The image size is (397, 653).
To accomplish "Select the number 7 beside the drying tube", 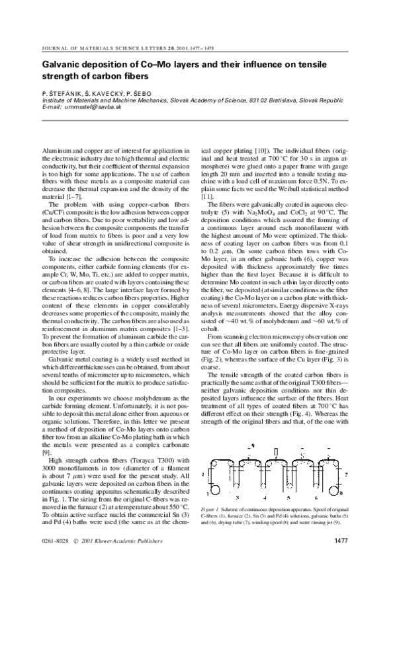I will pyautogui.click(x=345, y=475).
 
